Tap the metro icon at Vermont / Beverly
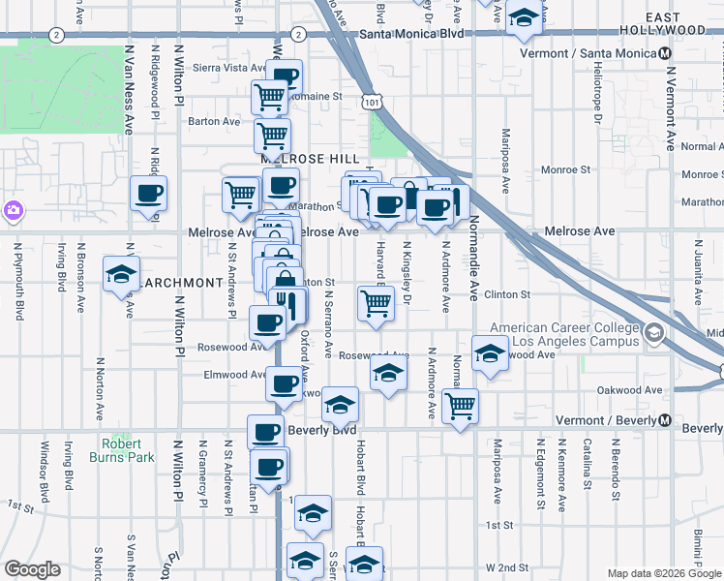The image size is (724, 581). click(x=666, y=421)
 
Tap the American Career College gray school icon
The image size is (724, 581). click(x=654, y=334)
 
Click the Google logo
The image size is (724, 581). click(x=32, y=569)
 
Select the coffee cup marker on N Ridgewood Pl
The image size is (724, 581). click(x=148, y=194)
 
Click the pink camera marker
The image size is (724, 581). click(x=13, y=209)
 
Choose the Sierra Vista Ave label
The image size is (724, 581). click(x=230, y=69)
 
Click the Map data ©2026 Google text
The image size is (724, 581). click(x=663, y=573)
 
